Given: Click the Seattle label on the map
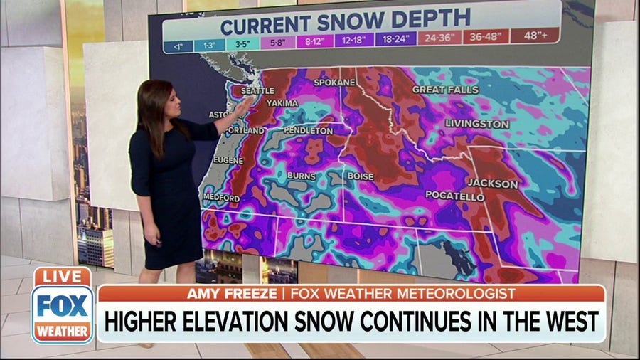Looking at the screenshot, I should (257, 91).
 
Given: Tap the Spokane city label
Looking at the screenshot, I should (334, 83).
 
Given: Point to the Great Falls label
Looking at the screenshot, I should (445, 90).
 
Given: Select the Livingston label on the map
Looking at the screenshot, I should (477, 124).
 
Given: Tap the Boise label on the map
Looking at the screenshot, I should (361, 176).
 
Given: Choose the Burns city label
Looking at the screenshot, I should (301, 176).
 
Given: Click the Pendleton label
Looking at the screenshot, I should (308, 131).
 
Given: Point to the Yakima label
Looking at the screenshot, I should (282, 104).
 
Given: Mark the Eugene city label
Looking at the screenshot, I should (228, 161).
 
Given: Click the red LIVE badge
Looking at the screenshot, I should (62, 277).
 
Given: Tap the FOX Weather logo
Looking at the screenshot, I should (62, 313).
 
